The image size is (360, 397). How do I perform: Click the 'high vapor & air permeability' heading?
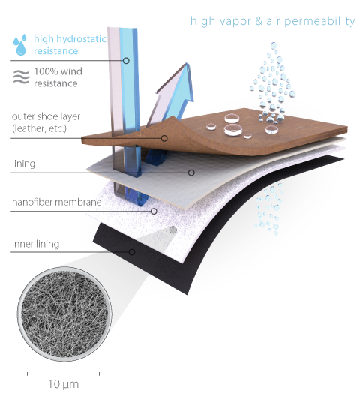click(272, 21)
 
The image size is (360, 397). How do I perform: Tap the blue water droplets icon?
click(20, 44)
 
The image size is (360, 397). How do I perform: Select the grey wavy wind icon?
click(21, 77)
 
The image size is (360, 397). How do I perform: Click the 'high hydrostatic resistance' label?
click(70, 44)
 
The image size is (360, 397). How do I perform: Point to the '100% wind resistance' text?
click(58, 77)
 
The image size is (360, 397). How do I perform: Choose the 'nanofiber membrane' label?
click(57, 202)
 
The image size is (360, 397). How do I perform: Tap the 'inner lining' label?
click(35, 244)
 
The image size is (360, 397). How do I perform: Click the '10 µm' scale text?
click(64, 384)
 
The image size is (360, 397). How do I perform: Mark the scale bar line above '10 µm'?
click(64, 374)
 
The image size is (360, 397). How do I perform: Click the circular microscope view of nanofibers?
click(64, 314)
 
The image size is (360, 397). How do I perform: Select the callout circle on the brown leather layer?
click(164, 138)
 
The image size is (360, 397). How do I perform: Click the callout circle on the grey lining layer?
click(191, 173)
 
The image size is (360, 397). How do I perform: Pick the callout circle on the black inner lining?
click(132, 252)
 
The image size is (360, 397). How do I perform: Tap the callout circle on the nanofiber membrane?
click(154, 211)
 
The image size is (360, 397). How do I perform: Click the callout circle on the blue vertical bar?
click(126, 61)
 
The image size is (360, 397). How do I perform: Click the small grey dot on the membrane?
click(172, 230)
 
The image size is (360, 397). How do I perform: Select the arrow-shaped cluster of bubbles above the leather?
click(273, 83)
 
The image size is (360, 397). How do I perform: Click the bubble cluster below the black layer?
click(268, 208)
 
